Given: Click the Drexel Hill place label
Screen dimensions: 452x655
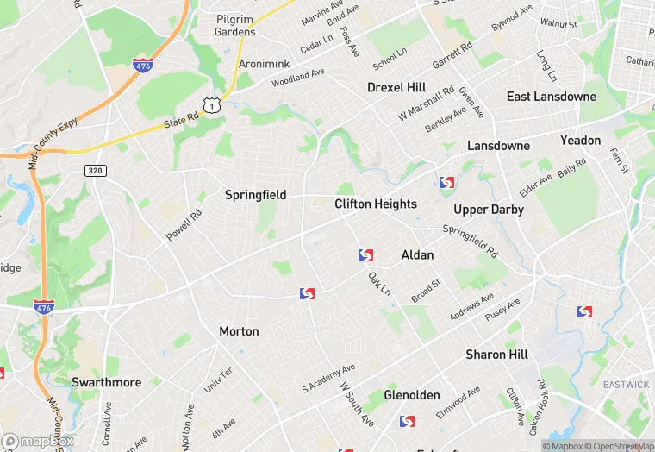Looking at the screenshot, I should (396, 88).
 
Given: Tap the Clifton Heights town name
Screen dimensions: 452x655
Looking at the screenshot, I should (375, 204).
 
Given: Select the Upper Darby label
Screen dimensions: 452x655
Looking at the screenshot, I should (489, 210).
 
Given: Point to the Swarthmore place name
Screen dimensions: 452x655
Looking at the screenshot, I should (106, 382).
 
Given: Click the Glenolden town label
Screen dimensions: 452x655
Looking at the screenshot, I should (412, 395).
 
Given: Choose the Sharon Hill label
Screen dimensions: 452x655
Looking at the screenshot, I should (496, 355).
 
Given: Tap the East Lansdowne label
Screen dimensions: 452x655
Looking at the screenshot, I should (551, 97).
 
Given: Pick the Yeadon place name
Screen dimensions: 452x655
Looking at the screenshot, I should (580, 140).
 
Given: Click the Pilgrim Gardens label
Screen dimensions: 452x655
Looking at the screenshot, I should (235, 24).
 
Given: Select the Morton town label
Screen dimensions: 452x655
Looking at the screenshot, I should (239, 331).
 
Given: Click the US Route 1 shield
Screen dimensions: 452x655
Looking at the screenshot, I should (210, 104).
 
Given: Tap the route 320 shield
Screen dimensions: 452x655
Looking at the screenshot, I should (95, 171).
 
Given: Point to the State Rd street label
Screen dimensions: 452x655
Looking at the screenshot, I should (181, 125).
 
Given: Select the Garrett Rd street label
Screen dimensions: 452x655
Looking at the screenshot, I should (453, 56).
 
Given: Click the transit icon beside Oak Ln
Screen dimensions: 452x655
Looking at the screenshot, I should (366, 255).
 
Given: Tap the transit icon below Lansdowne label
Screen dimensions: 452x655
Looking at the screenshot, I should (446, 183).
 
